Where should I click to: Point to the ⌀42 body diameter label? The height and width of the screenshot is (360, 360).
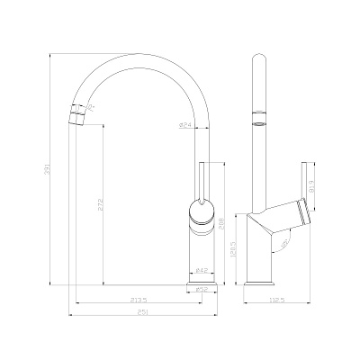coord(202,271)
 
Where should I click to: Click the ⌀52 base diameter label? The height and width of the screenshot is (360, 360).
coord(202,289)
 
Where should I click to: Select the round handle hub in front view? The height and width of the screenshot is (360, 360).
coord(202,212)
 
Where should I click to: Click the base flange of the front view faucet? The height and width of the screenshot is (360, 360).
coord(202,281)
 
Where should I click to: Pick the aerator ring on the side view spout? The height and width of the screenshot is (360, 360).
coord(259,118)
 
